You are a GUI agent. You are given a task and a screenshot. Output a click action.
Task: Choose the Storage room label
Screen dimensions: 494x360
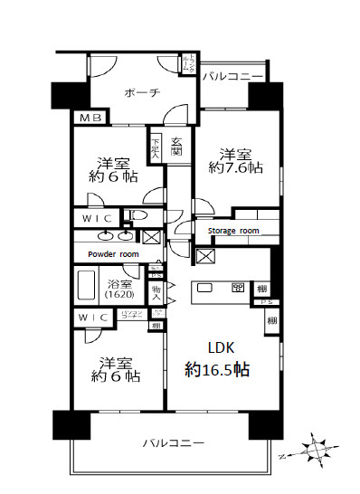pyautogui.click(x=233, y=231)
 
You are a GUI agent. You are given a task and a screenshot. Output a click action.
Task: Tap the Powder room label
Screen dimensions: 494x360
pyautogui.click(x=112, y=254)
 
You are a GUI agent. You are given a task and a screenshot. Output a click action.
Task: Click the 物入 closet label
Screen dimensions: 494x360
pyautogui.click(x=156, y=291)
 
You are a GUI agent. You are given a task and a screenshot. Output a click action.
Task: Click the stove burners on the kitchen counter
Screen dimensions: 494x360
pyautogui.click(x=238, y=289)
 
